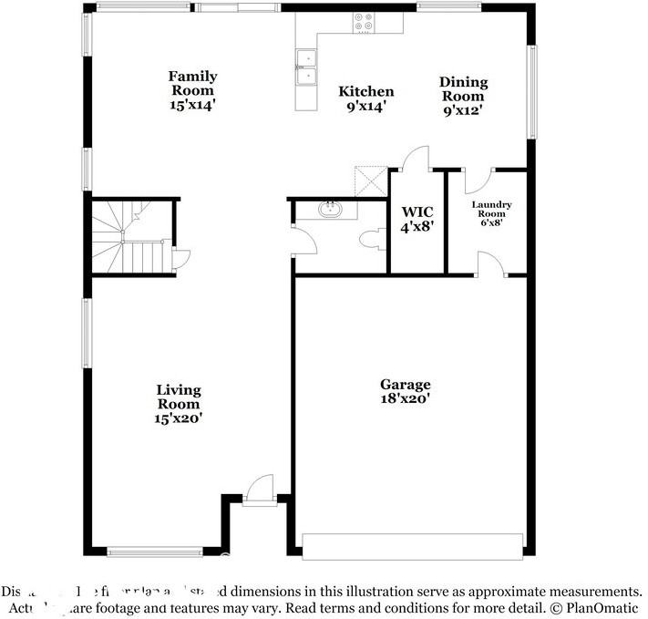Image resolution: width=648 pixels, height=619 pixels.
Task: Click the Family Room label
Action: pos(192,83)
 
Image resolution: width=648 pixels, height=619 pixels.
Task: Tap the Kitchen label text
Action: pos(366,91)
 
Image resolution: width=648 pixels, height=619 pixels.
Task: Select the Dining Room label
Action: pos(464,89)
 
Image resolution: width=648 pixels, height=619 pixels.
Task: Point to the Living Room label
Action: pos(179,397)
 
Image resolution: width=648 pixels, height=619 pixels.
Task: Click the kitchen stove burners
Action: pos(364,22)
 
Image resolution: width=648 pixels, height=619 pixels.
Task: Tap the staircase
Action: pos(125,237)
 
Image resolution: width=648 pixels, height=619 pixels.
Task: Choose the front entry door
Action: pos(259,487)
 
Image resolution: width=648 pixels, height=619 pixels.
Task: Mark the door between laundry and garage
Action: pos(489,263)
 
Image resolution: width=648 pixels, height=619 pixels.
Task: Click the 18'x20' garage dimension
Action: pos(406,398)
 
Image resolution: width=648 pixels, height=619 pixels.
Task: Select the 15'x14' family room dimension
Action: pos(192,104)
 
